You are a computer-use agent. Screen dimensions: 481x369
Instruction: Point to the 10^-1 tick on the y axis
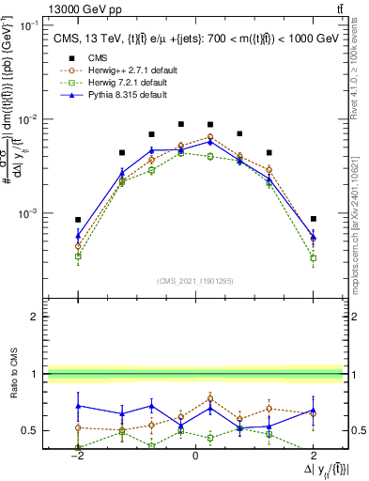[32, 25]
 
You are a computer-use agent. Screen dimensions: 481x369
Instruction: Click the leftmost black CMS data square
[79, 219]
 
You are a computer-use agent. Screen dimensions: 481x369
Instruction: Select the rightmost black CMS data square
[314, 218]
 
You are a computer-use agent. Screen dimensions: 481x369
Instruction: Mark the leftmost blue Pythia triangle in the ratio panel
[79, 406]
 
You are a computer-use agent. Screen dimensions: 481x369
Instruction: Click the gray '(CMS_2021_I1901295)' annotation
[195, 281]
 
